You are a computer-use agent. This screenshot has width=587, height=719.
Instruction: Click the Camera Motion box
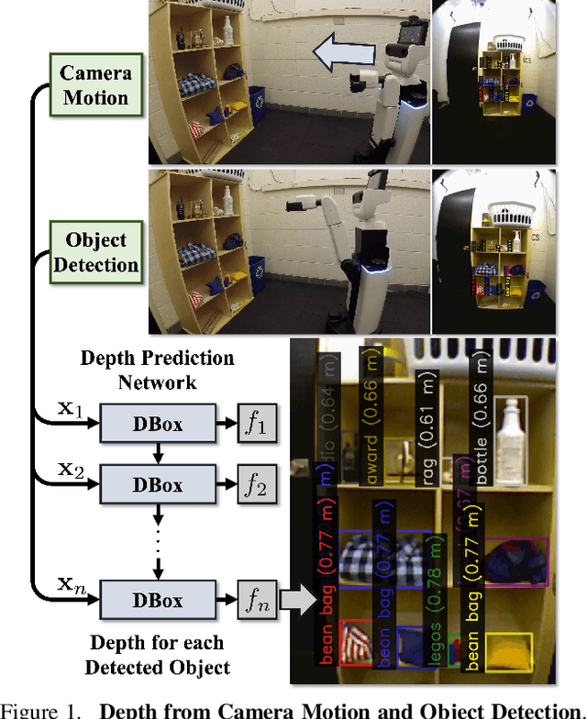[96, 83]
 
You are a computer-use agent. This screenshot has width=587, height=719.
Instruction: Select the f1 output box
[258, 426]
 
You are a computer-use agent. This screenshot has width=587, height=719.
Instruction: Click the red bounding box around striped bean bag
[356, 643]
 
